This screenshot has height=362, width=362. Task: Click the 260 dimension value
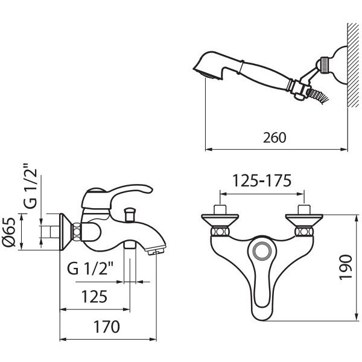[275, 138]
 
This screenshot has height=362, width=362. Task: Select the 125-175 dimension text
[262, 181]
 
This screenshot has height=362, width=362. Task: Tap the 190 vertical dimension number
[346, 267]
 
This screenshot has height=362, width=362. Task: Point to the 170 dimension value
[106, 326]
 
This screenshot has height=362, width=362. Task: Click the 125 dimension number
[95, 297]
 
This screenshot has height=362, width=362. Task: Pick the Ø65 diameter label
[9, 232]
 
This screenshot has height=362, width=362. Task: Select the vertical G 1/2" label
[30, 186]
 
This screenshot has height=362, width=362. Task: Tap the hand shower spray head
[209, 66]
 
